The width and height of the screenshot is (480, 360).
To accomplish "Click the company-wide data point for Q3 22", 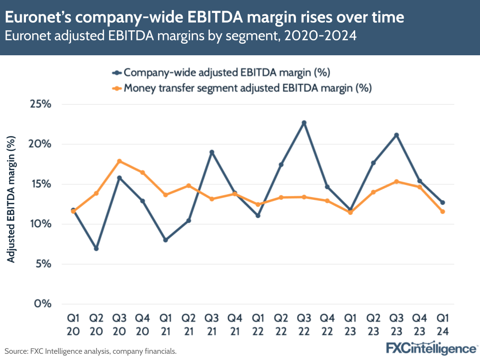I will click(304, 123).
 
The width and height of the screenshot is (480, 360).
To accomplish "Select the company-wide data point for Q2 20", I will click(96, 248).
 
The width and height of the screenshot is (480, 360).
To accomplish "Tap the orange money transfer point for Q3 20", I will click(119, 161).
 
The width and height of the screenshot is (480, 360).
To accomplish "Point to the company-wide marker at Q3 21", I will click(211, 152).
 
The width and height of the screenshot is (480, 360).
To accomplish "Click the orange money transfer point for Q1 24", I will click(443, 211).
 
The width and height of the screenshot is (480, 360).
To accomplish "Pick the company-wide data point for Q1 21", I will click(165, 240).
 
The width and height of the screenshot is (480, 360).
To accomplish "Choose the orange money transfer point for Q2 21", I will click(188, 186).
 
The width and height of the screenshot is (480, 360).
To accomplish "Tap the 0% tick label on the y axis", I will click(43, 304).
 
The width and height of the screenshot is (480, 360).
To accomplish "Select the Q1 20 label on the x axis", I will click(73, 324).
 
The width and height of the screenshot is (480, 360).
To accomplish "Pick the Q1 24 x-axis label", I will click(443, 324).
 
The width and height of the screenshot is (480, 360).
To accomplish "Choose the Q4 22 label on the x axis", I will click(327, 324).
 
